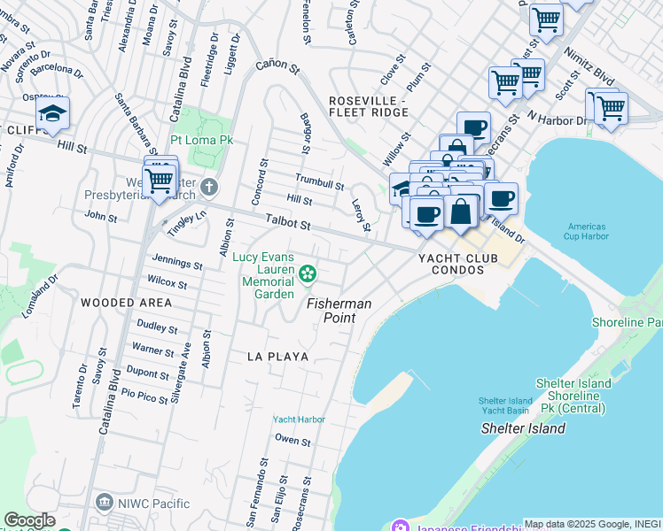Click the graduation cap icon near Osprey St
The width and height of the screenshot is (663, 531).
[x=53, y=113]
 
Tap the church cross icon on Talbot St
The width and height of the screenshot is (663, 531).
[x=208, y=187]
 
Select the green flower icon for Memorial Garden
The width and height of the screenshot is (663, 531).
[x=308, y=274]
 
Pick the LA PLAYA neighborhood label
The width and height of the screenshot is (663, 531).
[x=277, y=357]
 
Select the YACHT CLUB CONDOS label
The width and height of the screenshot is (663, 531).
[x=458, y=265]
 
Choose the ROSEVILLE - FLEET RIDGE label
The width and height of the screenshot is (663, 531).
[x=367, y=106]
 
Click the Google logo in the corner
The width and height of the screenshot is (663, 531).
[x=29, y=520]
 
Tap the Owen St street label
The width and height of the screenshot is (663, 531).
[x=292, y=440]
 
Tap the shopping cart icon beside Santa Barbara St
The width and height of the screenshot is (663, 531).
[x=159, y=180]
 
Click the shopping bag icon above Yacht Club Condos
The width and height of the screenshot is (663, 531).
[x=461, y=212]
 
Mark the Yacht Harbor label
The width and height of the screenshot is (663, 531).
[x=299, y=419]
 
